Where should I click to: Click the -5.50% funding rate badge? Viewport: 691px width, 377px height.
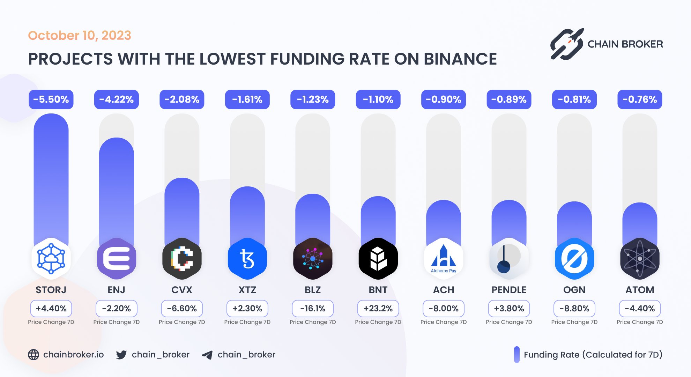[x=51, y=99]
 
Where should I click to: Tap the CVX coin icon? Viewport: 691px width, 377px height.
[x=182, y=259]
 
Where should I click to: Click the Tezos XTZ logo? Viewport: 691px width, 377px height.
[x=247, y=259]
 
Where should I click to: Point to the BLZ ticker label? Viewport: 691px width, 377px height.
[x=313, y=290]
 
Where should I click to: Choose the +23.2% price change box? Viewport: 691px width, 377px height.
[x=378, y=309]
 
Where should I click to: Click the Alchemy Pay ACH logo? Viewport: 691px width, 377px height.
[x=443, y=259]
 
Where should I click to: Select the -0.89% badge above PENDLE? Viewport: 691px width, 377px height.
[x=509, y=99]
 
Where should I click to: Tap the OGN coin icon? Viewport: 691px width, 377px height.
[x=574, y=259]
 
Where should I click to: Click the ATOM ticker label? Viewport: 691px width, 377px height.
[x=640, y=290]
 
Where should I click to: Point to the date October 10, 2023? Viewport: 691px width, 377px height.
[x=80, y=35]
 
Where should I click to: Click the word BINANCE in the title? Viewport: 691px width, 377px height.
[x=460, y=59]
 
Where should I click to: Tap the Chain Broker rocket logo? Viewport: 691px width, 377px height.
[x=567, y=44]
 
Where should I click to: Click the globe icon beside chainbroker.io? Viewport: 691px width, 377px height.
[x=34, y=355]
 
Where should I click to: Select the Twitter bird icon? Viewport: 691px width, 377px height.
[x=121, y=355]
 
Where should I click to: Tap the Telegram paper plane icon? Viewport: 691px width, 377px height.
[x=207, y=355]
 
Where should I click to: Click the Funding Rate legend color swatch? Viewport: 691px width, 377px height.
[x=517, y=355]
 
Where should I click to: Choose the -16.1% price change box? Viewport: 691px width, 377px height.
[x=313, y=309]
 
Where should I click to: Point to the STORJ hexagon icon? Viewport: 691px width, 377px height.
[x=51, y=259]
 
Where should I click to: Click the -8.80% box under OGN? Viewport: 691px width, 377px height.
[x=574, y=309]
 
